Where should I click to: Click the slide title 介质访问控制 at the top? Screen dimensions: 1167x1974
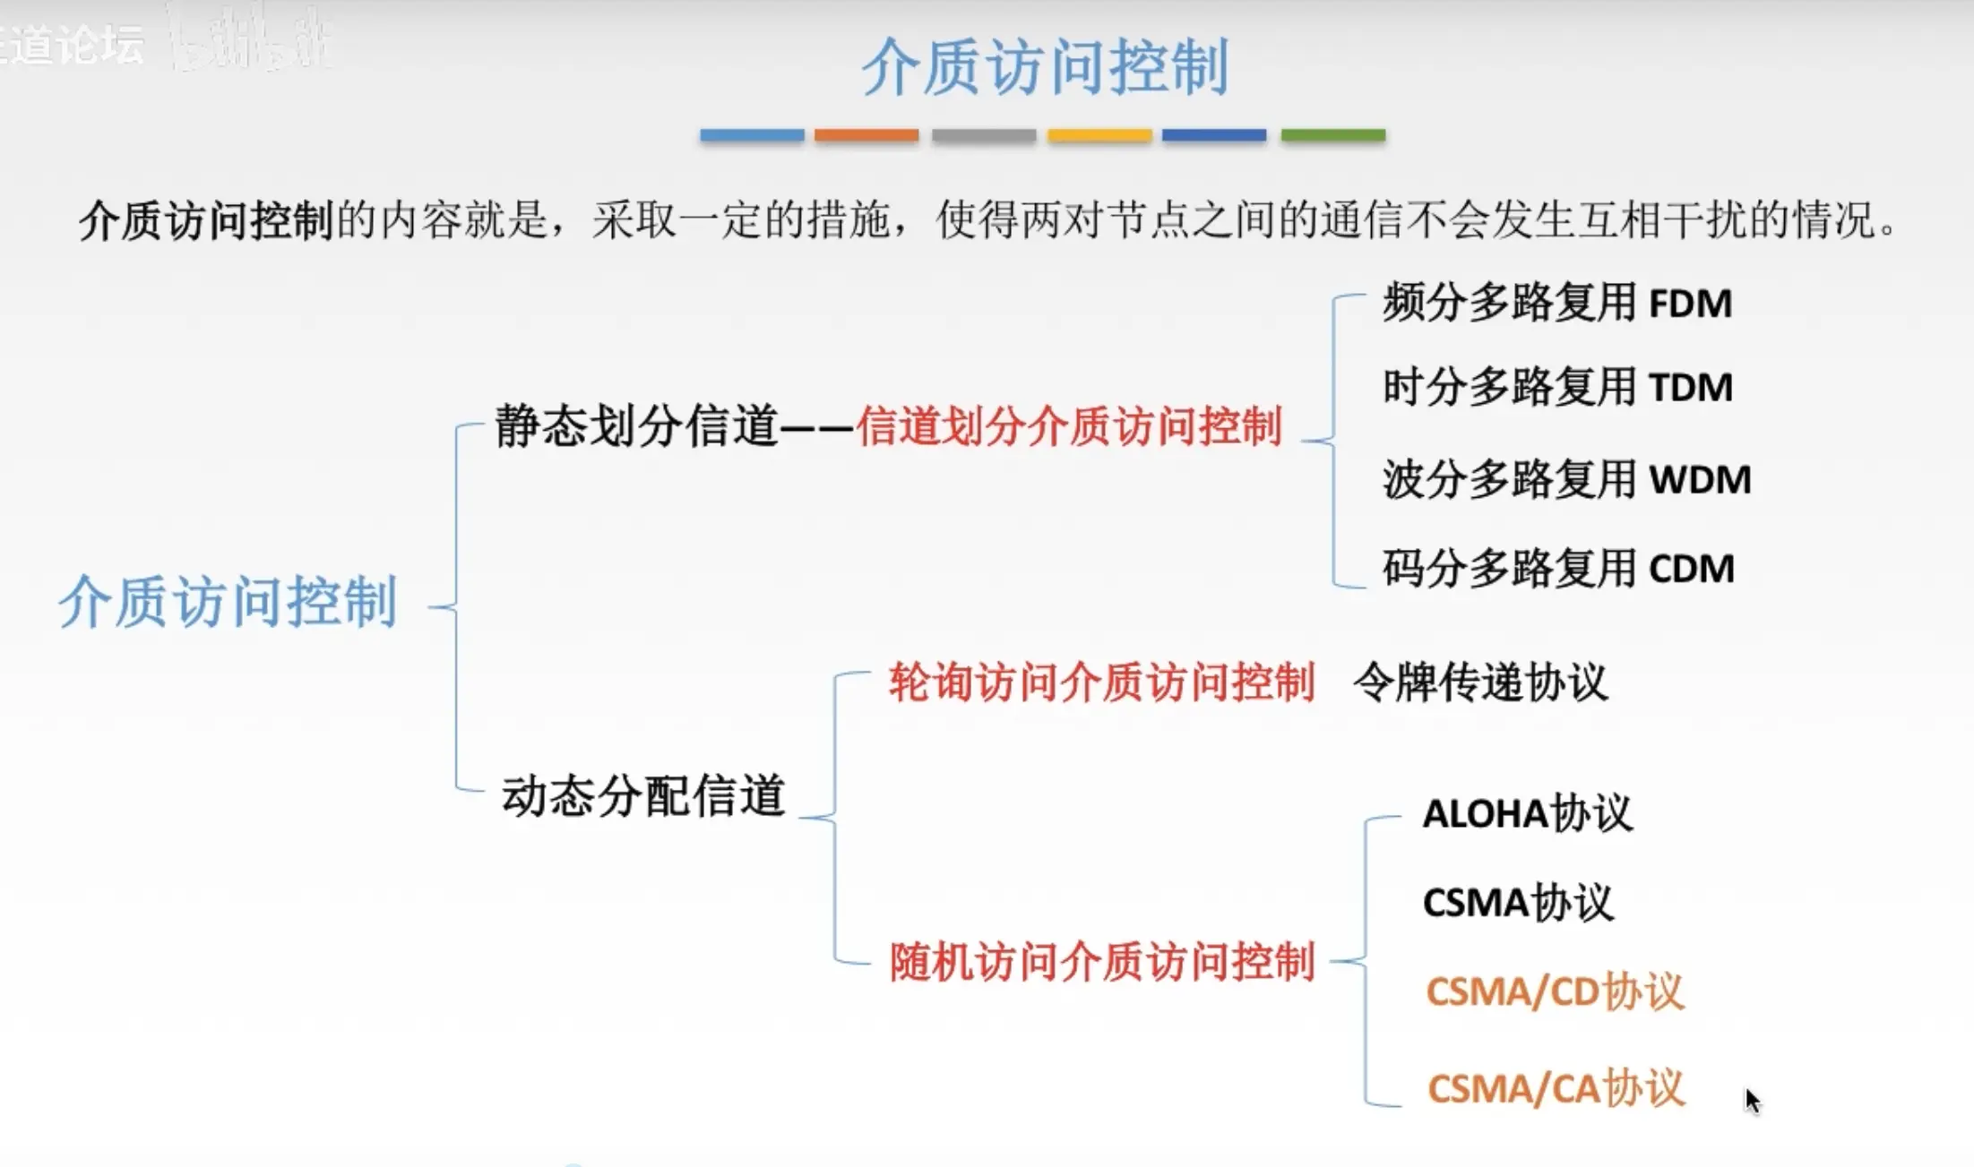1045,66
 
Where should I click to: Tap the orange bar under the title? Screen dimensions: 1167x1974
866,135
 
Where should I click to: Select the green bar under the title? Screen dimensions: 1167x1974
1332,135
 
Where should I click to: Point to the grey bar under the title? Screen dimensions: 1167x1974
983,135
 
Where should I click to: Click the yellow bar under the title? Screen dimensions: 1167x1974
1099,135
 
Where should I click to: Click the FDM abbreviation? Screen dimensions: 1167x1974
1690,304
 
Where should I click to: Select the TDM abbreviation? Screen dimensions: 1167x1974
1690,388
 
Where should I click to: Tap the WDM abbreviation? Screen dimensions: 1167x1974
1700,480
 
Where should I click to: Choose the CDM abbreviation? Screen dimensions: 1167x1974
1692,569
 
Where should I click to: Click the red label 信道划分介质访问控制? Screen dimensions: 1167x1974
1069,426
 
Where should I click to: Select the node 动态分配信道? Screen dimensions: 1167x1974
643,795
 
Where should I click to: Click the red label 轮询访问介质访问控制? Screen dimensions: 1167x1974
1101,682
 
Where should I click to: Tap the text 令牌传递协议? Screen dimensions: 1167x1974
1479,682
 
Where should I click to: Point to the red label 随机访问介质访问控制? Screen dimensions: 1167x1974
1101,963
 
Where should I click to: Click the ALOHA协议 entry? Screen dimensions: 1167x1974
1527,814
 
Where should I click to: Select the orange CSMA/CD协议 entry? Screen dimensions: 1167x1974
1555,992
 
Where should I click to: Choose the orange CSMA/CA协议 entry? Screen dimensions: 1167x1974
1556,1089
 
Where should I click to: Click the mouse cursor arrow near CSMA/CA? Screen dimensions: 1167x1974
1753,1101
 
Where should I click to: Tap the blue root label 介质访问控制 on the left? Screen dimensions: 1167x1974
228,602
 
